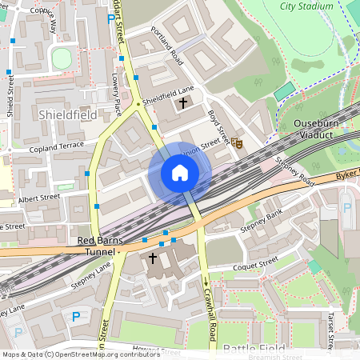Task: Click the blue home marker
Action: pos(180,173)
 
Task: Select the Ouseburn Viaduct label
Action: pos(319,130)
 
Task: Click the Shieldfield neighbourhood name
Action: pos(67,116)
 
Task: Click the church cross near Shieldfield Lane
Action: pos(183,102)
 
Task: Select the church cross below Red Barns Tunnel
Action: pos(152,258)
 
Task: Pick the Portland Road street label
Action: pos(167,47)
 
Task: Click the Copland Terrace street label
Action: pos(56,146)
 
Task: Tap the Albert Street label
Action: pos(39,197)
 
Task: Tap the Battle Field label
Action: pos(248,349)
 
